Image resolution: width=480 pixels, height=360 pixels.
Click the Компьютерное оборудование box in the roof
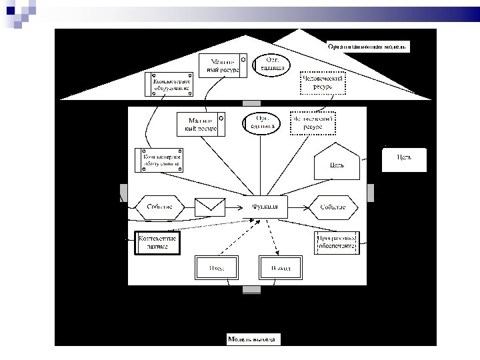169,84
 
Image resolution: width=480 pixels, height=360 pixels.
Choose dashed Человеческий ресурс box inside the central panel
313,123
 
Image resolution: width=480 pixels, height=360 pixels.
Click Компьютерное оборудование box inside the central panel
160,159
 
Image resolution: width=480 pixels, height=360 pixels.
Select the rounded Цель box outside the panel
404,159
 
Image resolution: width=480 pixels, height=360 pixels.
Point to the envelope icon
211,207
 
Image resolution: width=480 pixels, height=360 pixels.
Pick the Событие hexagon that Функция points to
332,207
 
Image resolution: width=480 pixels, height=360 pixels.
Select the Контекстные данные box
158,242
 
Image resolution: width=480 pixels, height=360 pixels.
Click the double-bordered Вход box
216,267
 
